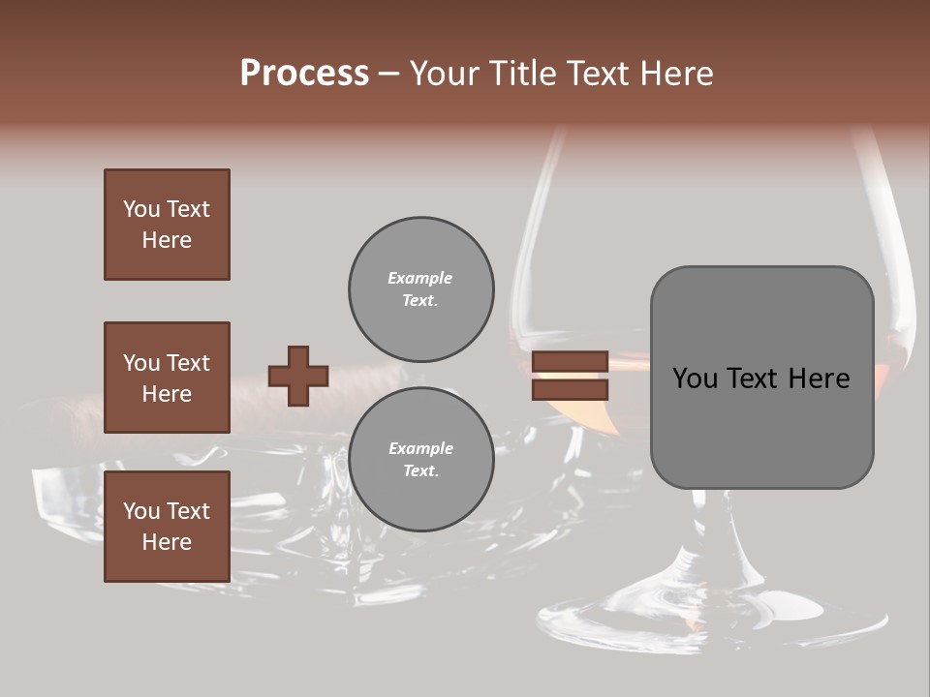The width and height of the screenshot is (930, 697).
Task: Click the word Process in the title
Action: coord(304,74)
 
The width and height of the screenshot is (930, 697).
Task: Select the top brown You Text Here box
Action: coord(167,225)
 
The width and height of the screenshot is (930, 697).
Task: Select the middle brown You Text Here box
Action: coord(167,378)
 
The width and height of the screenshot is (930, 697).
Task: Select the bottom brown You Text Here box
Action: coord(167,527)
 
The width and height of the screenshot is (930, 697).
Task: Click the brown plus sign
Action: coord(298,376)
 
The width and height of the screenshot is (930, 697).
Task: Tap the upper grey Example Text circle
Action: coord(421,289)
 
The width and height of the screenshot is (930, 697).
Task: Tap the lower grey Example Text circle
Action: coord(421,460)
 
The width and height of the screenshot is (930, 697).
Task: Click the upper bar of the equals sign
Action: coord(571,361)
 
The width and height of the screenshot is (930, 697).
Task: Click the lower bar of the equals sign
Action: coord(571,390)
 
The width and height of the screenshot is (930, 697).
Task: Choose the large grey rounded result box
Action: coord(761,378)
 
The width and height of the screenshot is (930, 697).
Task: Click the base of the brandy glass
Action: coord(712,620)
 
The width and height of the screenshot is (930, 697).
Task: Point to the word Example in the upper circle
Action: coord(419,278)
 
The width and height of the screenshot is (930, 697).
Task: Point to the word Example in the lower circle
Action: coord(420,448)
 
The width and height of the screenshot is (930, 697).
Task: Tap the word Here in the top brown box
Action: coord(167,240)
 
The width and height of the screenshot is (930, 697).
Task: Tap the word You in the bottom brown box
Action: coord(140,511)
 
